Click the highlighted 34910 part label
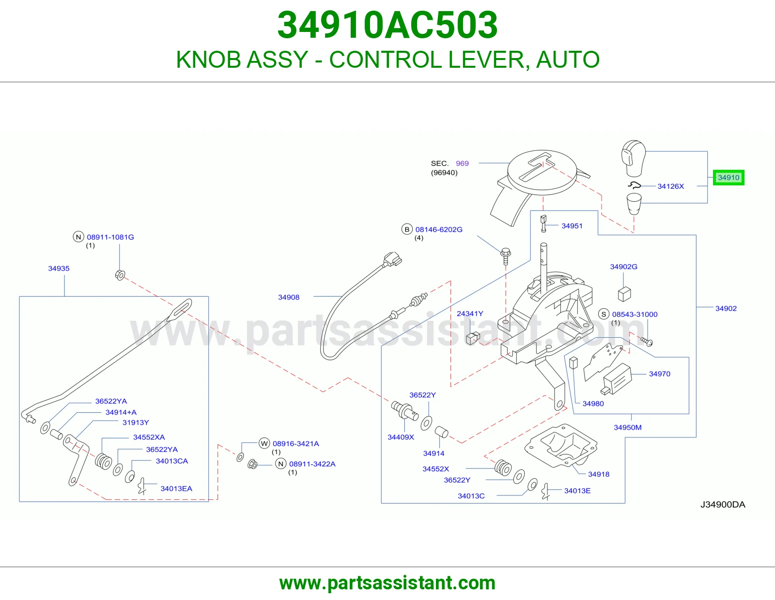(x=728, y=178)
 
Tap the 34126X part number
(x=670, y=186)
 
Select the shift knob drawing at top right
(x=633, y=158)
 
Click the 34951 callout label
(x=572, y=226)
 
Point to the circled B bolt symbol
(x=407, y=229)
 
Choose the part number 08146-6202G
(x=439, y=229)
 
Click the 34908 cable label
(x=289, y=297)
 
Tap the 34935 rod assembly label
(x=59, y=268)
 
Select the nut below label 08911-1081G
(x=120, y=275)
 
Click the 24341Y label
(x=470, y=314)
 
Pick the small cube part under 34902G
(x=624, y=294)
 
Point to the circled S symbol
(x=604, y=314)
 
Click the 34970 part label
(x=659, y=374)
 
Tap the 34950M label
(x=627, y=427)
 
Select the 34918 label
(x=599, y=474)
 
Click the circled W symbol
(x=264, y=444)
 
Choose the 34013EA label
(x=176, y=489)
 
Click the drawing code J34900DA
(x=723, y=505)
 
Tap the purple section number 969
(x=462, y=164)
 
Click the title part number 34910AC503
(x=387, y=25)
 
